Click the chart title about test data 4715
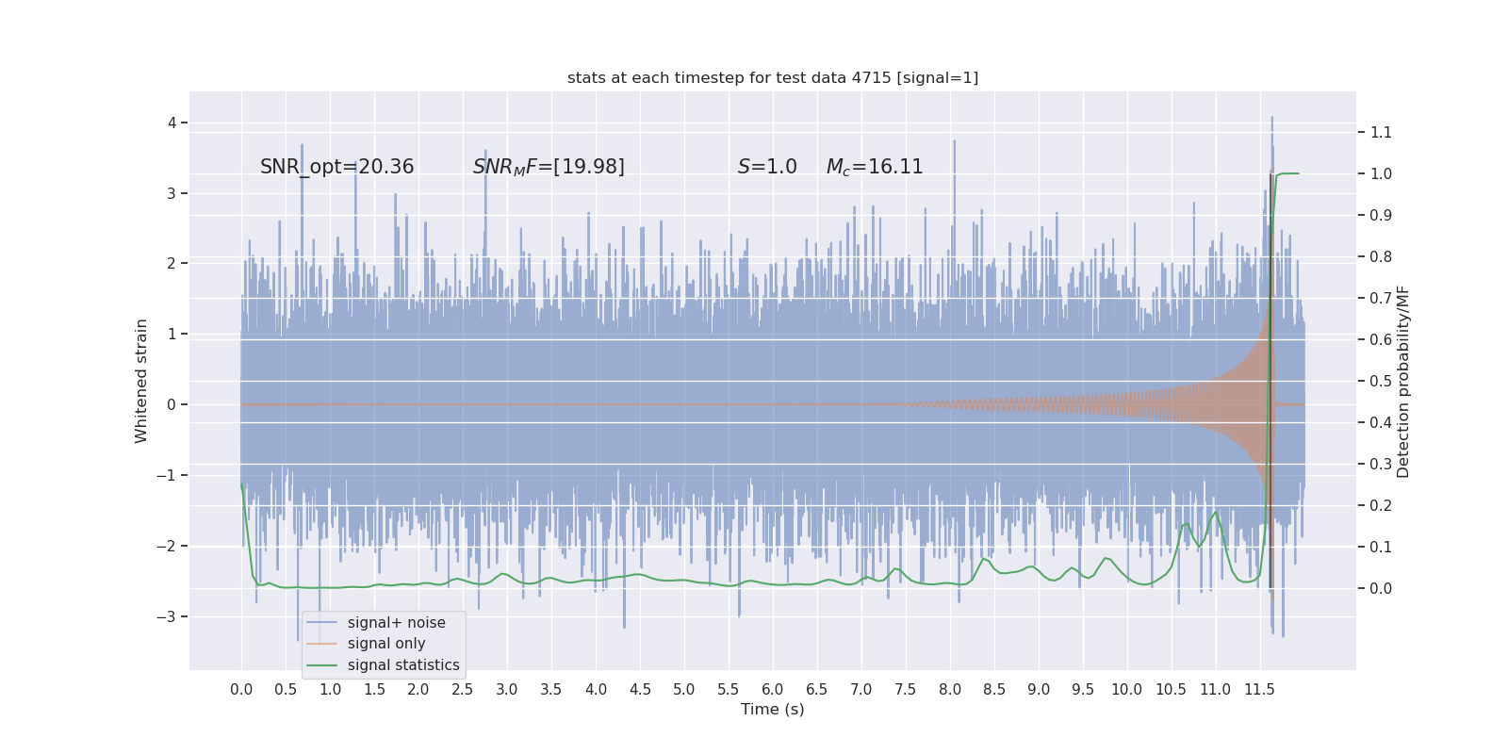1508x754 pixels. coord(773,78)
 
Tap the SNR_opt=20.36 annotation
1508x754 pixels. coord(336,167)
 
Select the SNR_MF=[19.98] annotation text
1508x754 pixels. coord(549,167)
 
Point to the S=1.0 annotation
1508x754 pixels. coord(767,167)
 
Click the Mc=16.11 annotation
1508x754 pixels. coord(875,167)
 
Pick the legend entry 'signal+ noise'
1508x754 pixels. coord(396,623)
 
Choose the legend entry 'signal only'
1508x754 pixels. coord(386,644)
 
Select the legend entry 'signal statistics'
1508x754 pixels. coord(403,665)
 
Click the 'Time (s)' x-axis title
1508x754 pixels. coord(773,710)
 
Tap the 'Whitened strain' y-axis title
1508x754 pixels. coord(141,381)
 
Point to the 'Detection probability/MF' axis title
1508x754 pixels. coord(1403,381)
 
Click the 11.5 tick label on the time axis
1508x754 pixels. coord(1259,690)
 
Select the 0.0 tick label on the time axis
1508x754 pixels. coord(241,690)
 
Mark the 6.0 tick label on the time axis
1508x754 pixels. coord(773,690)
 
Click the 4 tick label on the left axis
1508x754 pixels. coord(172,123)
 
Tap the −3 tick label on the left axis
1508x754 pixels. coord(166,616)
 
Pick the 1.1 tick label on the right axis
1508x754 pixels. coord(1381,132)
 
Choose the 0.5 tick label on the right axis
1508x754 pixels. coord(1381,381)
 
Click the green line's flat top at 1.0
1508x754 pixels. coord(1289,173)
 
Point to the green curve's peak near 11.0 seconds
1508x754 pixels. coord(1216,512)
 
